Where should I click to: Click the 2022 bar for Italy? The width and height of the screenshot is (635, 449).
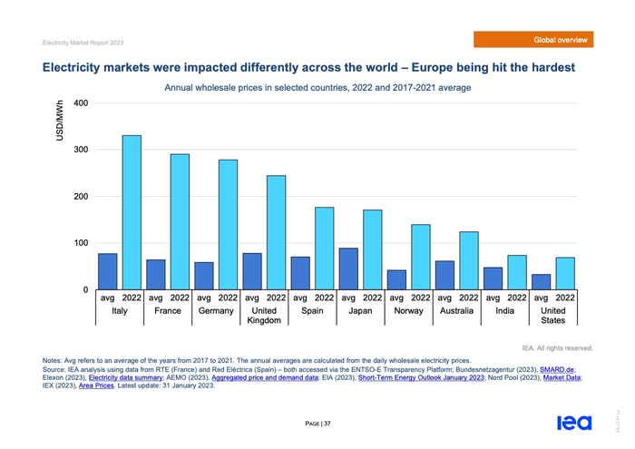(x=132, y=212)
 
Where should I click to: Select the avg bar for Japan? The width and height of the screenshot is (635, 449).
(x=348, y=268)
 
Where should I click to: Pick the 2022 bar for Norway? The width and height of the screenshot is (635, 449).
(x=420, y=257)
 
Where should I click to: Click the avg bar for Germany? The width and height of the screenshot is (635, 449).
(x=204, y=276)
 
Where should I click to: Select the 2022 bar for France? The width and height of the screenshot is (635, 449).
(x=180, y=221)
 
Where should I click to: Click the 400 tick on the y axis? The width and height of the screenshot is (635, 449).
(x=80, y=102)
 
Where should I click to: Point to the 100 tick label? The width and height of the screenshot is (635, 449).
(x=80, y=243)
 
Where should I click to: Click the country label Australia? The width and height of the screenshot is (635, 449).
(x=456, y=310)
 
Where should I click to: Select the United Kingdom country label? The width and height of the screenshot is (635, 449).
(x=264, y=316)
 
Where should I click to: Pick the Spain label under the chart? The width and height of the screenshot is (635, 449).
(x=312, y=310)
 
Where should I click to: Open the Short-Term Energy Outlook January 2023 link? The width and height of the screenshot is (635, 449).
(x=421, y=378)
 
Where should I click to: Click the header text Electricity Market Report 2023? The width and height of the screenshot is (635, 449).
(x=83, y=42)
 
